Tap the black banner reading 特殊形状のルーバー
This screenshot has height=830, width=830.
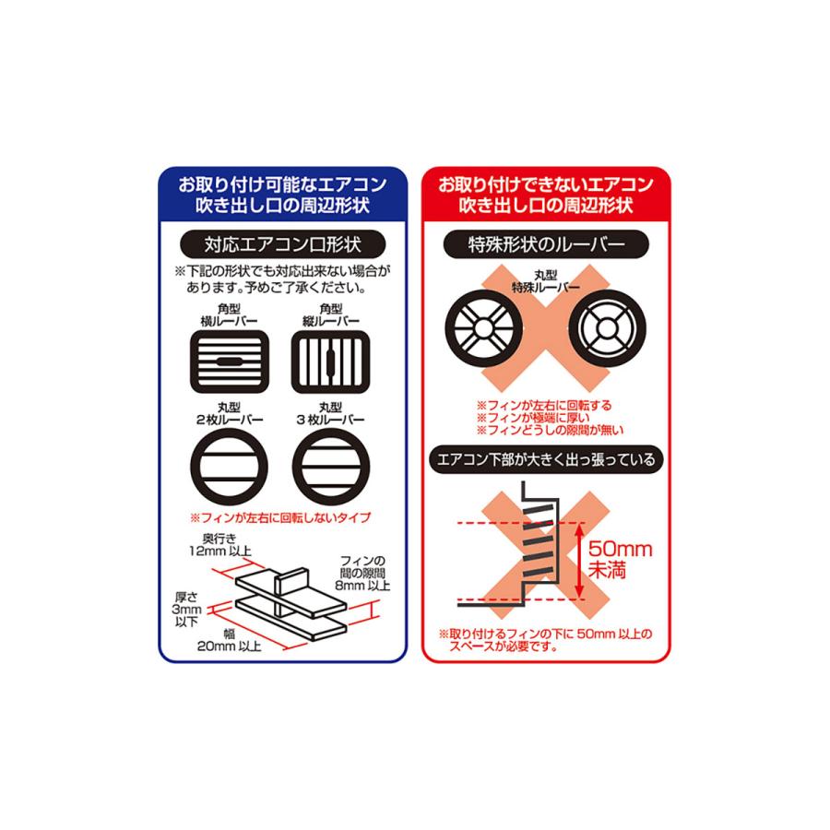[x=547, y=247]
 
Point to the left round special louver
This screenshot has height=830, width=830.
[x=482, y=329]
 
